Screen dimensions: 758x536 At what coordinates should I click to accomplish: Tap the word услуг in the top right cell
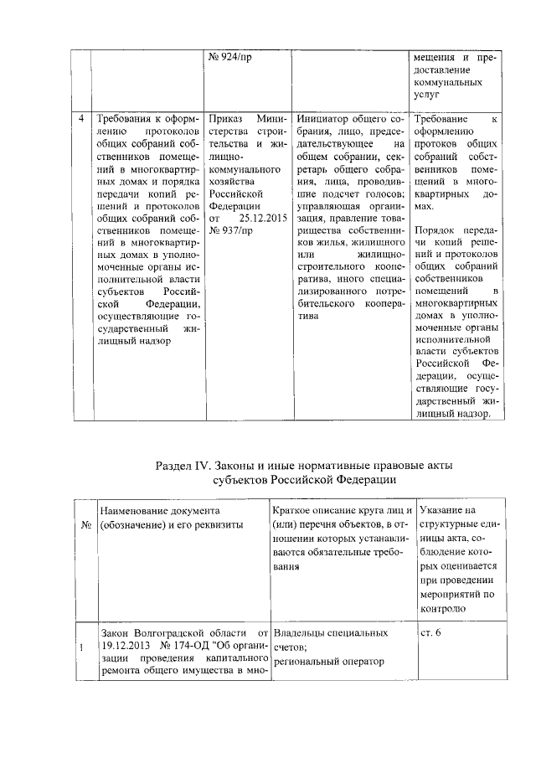[x=427, y=96]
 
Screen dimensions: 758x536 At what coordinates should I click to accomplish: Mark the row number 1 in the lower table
[x=81, y=647]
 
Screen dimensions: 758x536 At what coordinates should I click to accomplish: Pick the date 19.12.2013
[x=124, y=647]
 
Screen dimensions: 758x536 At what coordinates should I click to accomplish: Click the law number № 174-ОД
[x=185, y=647]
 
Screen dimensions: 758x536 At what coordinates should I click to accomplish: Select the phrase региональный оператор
[x=328, y=662]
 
